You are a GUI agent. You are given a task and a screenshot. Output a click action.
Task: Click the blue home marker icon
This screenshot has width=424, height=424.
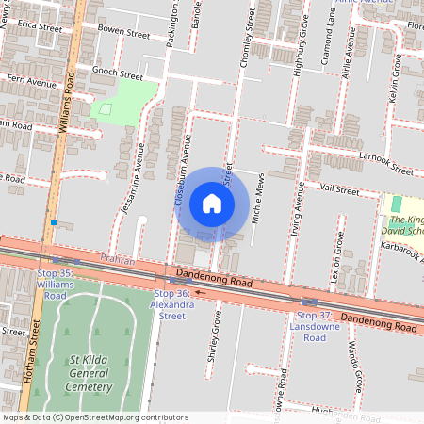212,204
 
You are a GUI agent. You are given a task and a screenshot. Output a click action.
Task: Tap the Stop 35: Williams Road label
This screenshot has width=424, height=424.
53,284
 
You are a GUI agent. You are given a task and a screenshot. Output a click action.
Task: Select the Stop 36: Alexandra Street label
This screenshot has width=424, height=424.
173,305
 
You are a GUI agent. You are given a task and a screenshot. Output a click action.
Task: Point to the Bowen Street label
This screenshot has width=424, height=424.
123,33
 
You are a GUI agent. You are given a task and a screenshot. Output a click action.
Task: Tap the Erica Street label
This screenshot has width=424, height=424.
39,28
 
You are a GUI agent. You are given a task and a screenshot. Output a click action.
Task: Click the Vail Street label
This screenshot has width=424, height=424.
339,190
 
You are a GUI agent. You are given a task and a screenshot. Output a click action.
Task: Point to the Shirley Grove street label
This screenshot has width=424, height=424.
213,336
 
